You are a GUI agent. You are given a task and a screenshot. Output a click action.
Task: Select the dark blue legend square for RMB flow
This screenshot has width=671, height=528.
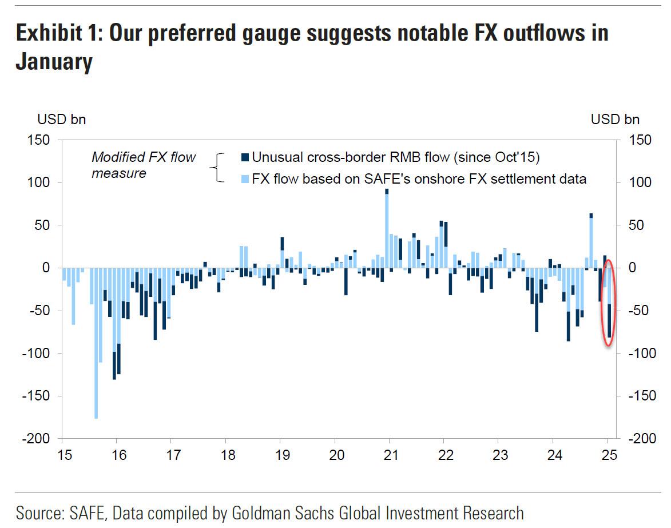tap(245, 157)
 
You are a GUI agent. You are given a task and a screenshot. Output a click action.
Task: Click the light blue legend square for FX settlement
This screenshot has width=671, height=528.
tap(245, 179)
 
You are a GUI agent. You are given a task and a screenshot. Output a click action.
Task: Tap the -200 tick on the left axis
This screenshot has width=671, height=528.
tap(38, 439)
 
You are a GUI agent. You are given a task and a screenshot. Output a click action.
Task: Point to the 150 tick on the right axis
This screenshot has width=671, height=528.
tap(638, 140)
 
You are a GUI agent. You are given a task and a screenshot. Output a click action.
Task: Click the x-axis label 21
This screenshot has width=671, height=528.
tap(390, 455)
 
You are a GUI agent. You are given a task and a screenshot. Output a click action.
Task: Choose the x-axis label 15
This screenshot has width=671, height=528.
tap(64, 455)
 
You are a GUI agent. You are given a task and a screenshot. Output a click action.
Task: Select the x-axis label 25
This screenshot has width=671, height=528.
tap(609, 455)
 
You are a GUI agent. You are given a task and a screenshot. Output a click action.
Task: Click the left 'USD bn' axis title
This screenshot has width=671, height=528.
tap(62, 120)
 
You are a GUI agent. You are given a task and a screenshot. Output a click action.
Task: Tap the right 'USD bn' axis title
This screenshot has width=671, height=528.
tap(616, 120)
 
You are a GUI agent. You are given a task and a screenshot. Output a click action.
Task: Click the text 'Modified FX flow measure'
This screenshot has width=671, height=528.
tap(144, 164)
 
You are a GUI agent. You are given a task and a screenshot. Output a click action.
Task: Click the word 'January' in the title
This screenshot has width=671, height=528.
tap(54, 62)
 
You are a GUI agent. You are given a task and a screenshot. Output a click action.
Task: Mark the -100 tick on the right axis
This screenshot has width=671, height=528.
tap(640, 354)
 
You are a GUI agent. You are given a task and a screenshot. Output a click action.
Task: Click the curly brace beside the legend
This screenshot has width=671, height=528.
tap(217, 168)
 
